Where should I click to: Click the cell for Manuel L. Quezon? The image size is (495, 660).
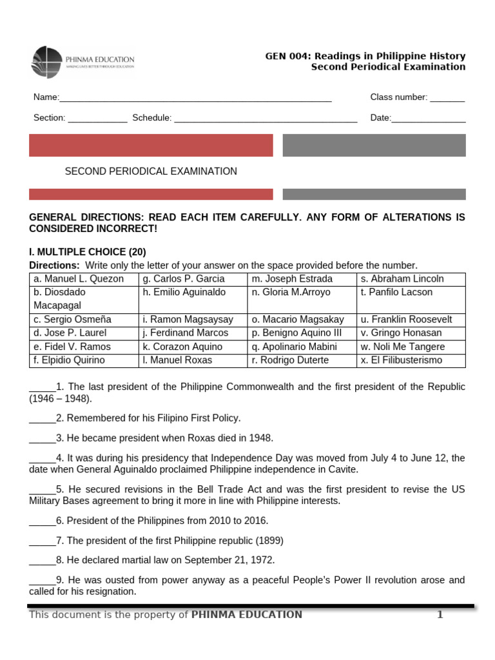(x=84, y=279)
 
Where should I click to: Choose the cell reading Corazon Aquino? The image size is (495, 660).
(x=193, y=347)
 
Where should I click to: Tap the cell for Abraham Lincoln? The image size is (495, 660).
(x=411, y=279)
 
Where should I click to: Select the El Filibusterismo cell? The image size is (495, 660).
(x=411, y=360)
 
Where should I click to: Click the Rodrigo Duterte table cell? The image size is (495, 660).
(x=302, y=360)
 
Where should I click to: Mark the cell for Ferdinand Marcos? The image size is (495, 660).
(x=193, y=333)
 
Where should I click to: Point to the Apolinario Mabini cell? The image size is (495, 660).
(x=302, y=347)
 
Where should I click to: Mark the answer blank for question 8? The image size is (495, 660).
(x=42, y=561)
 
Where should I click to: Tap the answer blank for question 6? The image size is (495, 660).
(x=42, y=521)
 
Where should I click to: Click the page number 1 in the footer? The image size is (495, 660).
(x=440, y=615)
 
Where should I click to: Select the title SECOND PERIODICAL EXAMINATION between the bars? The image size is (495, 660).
(x=151, y=171)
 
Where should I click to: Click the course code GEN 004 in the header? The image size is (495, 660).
(x=285, y=57)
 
